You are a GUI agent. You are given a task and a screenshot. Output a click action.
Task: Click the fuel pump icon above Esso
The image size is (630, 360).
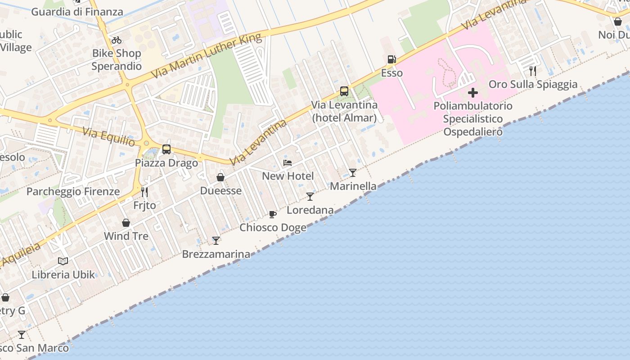pyautogui.click(x=391, y=59)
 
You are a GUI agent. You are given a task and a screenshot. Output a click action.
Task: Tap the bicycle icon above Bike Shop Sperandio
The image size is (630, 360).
pyautogui.click(x=117, y=40)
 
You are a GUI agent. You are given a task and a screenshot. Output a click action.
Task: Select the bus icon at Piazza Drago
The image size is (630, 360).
pyautogui.click(x=166, y=149)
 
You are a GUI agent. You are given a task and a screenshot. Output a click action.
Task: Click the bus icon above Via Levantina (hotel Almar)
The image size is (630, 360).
pyautogui.click(x=344, y=91)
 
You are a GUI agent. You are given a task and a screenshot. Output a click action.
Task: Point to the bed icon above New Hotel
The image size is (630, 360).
pyautogui.click(x=288, y=162)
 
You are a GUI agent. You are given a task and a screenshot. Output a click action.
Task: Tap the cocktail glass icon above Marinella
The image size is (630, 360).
pyautogui.click(x=353, y=172)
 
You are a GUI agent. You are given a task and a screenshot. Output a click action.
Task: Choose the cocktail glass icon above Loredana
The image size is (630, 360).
pyautogui.click(x=310, y=196)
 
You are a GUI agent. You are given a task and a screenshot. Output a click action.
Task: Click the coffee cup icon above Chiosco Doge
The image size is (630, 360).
pyautogui.click(x=272, y=214)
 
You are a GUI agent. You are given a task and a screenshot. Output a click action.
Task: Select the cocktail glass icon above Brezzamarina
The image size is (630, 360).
pyautogui.click(x=216, y=240)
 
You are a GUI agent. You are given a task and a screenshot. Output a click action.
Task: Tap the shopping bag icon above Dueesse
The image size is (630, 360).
pyautogui.click(x=220, y=177)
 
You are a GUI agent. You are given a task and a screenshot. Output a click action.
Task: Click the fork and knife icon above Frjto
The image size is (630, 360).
pyautogui.click(x=144, y=192)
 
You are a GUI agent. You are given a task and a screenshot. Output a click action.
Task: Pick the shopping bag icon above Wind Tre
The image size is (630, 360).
pyautogui.click(x=126, y=223)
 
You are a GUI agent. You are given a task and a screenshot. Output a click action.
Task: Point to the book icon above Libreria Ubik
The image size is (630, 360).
pyautogui.click(x=63, y=261)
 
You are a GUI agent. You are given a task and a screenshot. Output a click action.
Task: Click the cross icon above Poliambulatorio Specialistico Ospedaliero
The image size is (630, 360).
pyautogui.click(x=473, y=93)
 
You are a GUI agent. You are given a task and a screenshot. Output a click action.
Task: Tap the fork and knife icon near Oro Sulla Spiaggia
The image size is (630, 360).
pyautogui.click(x=533, y=71)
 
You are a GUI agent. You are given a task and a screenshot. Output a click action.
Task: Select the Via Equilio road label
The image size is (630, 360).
pyautogui.click(x=108, y=136)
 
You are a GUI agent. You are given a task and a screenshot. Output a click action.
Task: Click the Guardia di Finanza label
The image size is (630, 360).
pyautogui.click(x=77, y=12)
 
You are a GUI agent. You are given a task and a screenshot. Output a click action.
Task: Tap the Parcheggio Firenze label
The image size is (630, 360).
pyautogui.click(x=73, y=191)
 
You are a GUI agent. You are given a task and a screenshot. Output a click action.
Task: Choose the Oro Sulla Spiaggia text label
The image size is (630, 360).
pyautogui.click(x=533, y=84)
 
